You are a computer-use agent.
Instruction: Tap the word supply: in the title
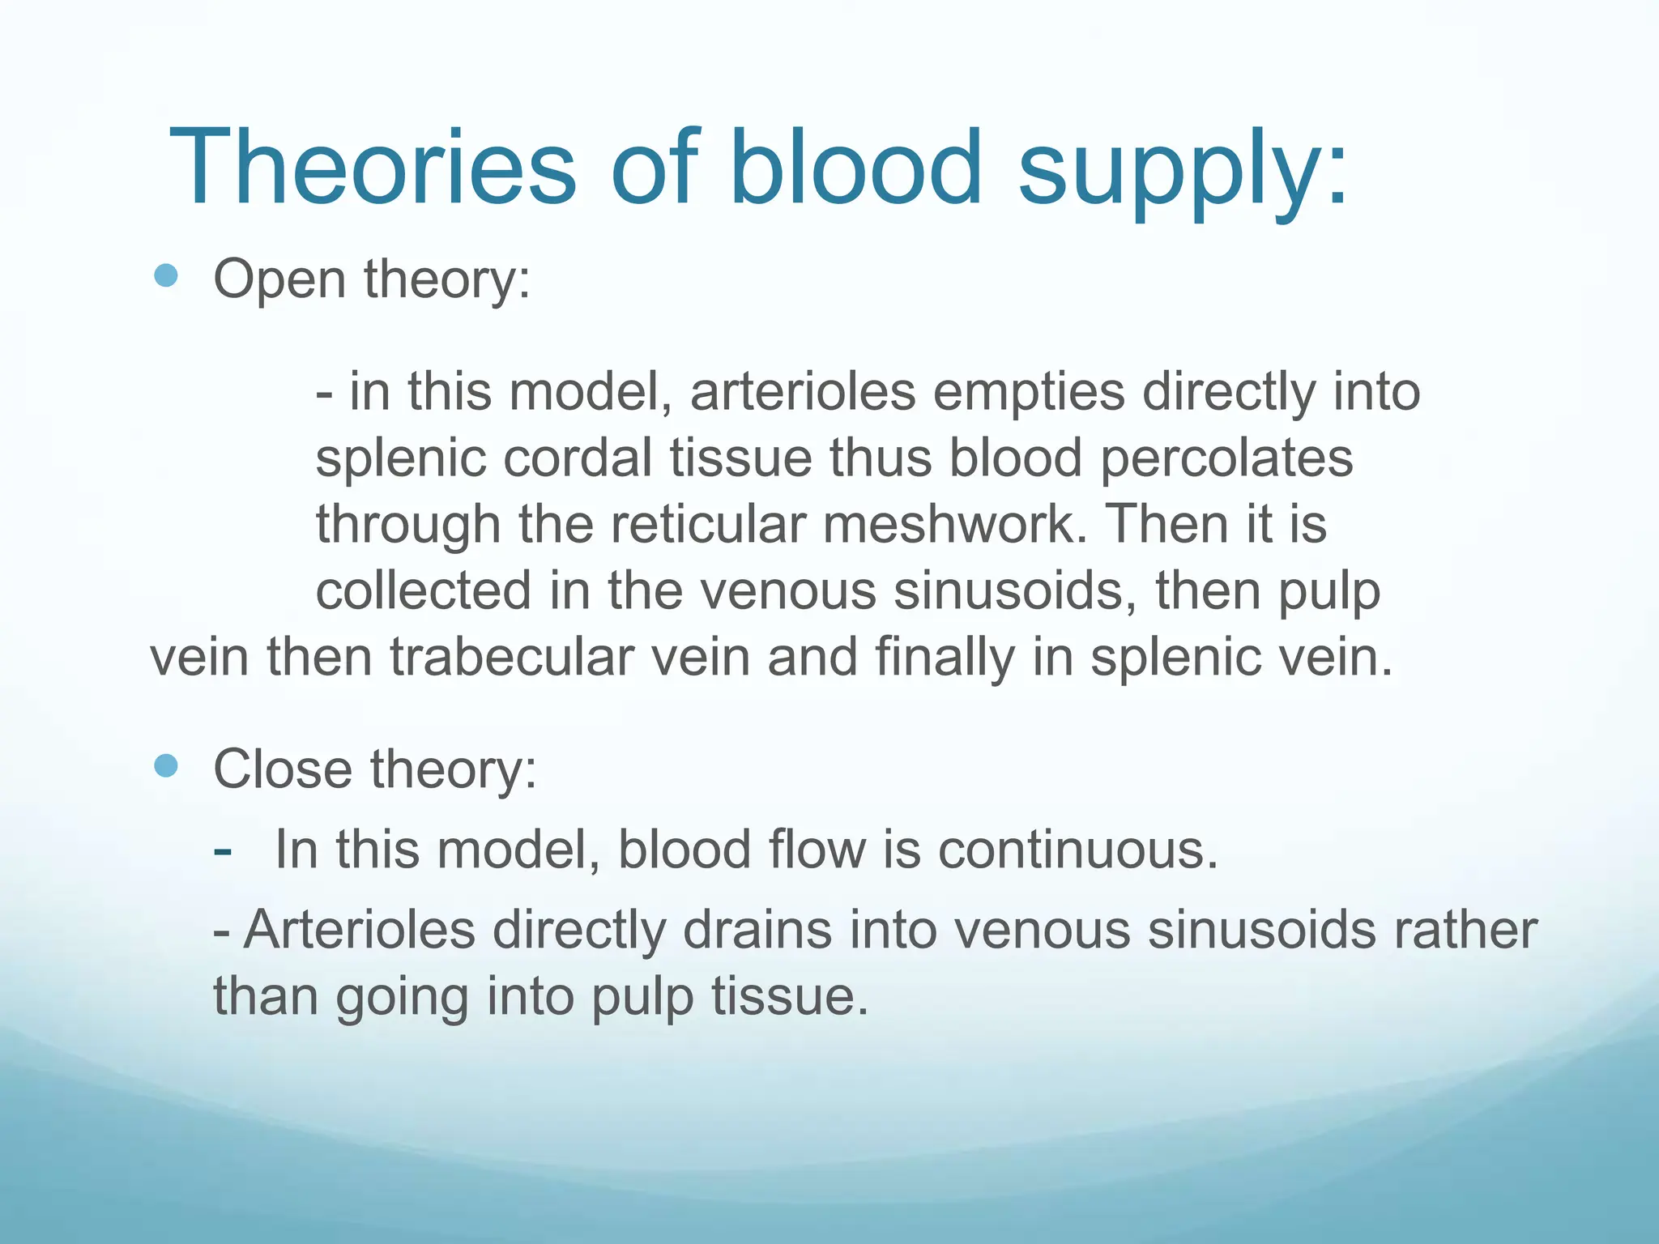[x=1183, y=174]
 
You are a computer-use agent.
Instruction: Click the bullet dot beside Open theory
[x=165, y=276]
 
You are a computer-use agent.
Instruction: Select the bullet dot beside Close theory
[x=165, y=765]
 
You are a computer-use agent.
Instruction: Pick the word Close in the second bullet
[x=283, y=769]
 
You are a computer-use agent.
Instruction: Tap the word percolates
[x=1226, y=458]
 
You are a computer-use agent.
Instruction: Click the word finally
[x=945, y=658]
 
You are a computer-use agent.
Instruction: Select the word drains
[x=757, y=930]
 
